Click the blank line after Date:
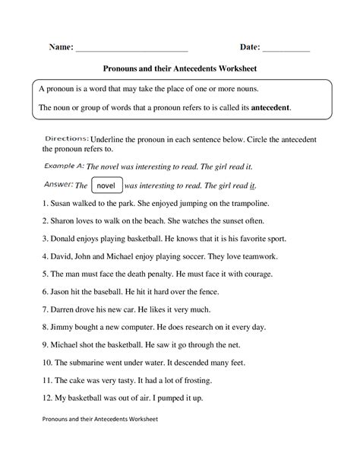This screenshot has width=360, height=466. [x=286, y=49]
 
